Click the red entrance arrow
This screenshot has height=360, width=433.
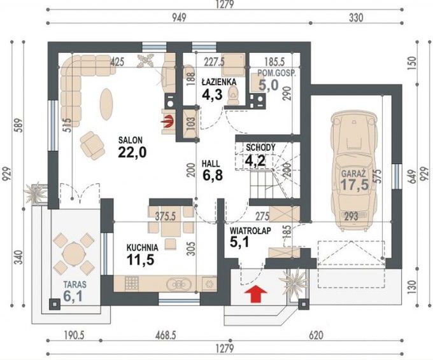pyautogui.click(x=256, y=294)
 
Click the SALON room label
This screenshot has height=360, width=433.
pyautogui.click(x=131, y=140)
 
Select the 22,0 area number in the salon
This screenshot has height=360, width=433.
pyautogui.click(x=132, y=152)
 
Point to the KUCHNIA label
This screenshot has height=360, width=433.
pyautogui.click(x=142, y=247)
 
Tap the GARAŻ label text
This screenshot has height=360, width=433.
pyautogui.click(x=354, y=174)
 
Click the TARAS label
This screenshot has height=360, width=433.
pyautogui.click(x=75, y=284)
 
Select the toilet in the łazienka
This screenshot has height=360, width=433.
pyautogui.click(x=234, y=95)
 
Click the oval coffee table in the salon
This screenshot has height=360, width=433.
pyautogui.click(x=106, y=104)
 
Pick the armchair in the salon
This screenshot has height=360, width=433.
pyautogui.click(x=92, y=146)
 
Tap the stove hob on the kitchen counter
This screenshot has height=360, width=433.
pyautogui.click(x=131, y=283)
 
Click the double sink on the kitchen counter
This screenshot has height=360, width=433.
pyautogui.click(x=179, y=284)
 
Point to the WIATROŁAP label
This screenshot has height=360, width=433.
pyautogui.click(x=250, y=230)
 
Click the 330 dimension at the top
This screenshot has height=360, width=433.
pyautogui.click(x=356, y=18)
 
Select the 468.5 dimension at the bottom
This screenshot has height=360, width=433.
pyautogui.click(x=166, y=335)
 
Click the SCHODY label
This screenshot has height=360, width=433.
pyautogui.click(x=260, y=148)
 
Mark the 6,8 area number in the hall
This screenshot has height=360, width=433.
pyautogui.click(x=213, y=176)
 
